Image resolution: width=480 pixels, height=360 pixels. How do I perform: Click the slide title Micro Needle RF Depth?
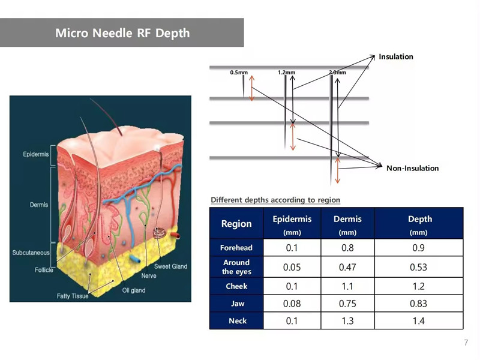122,33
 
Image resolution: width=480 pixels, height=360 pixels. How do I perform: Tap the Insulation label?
396,56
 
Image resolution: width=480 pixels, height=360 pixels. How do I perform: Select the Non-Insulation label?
412,168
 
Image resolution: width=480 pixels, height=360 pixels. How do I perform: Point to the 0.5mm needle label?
239,73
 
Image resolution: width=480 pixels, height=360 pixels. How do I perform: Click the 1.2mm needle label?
287,73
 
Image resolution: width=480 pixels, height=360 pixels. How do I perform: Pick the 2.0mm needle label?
337,73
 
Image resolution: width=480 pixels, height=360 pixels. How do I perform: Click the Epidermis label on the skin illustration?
36,154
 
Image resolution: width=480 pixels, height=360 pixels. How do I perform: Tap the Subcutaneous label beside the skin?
31,253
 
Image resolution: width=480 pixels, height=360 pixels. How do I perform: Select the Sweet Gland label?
170,266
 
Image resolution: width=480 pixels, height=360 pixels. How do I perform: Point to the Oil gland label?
134,290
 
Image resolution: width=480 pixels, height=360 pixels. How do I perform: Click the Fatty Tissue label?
73,296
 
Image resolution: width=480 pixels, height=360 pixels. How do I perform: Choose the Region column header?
236,224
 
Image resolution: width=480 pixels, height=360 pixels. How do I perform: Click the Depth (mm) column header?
419,225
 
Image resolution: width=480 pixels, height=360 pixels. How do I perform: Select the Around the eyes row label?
236,267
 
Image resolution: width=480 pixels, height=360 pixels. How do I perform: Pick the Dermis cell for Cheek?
347,286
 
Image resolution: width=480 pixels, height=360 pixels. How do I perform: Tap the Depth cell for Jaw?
418,304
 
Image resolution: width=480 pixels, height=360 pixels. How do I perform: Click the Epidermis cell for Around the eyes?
292,267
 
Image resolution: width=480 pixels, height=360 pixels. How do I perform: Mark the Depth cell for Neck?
418,321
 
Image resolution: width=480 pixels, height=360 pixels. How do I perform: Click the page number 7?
466,343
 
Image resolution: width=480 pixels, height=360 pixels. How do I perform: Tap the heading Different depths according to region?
275,200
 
